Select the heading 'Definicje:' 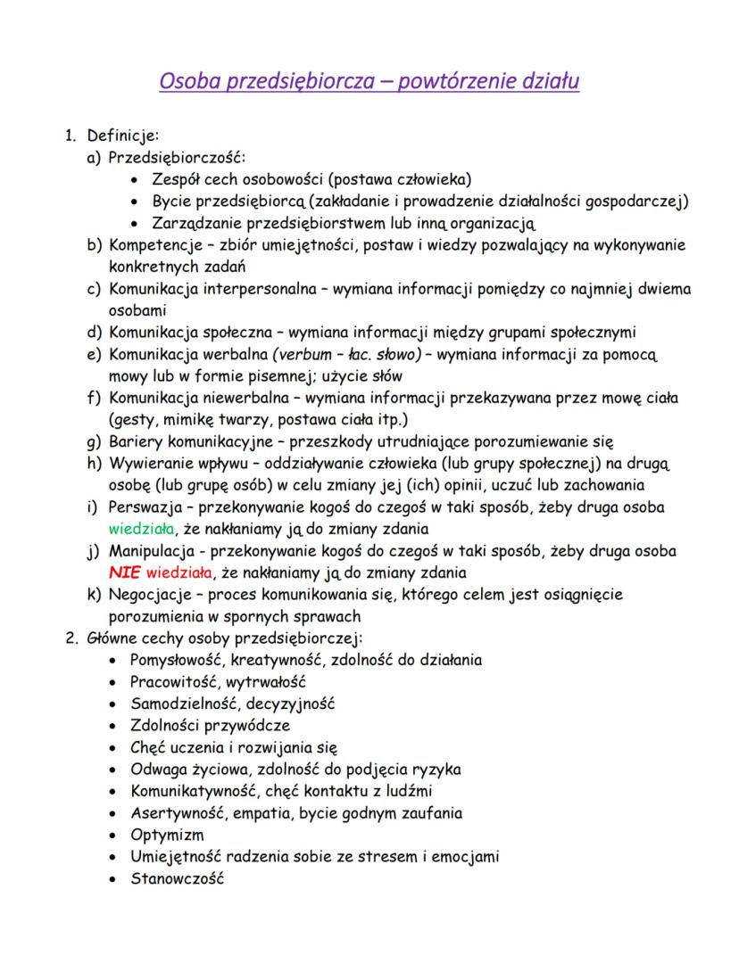click(x=122, y=136)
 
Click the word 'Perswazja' click(x=145, y=506)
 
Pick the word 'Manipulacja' click(x=153, y=550)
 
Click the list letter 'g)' click(x=93, y=441)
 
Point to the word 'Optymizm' click(x=167, y=835)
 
